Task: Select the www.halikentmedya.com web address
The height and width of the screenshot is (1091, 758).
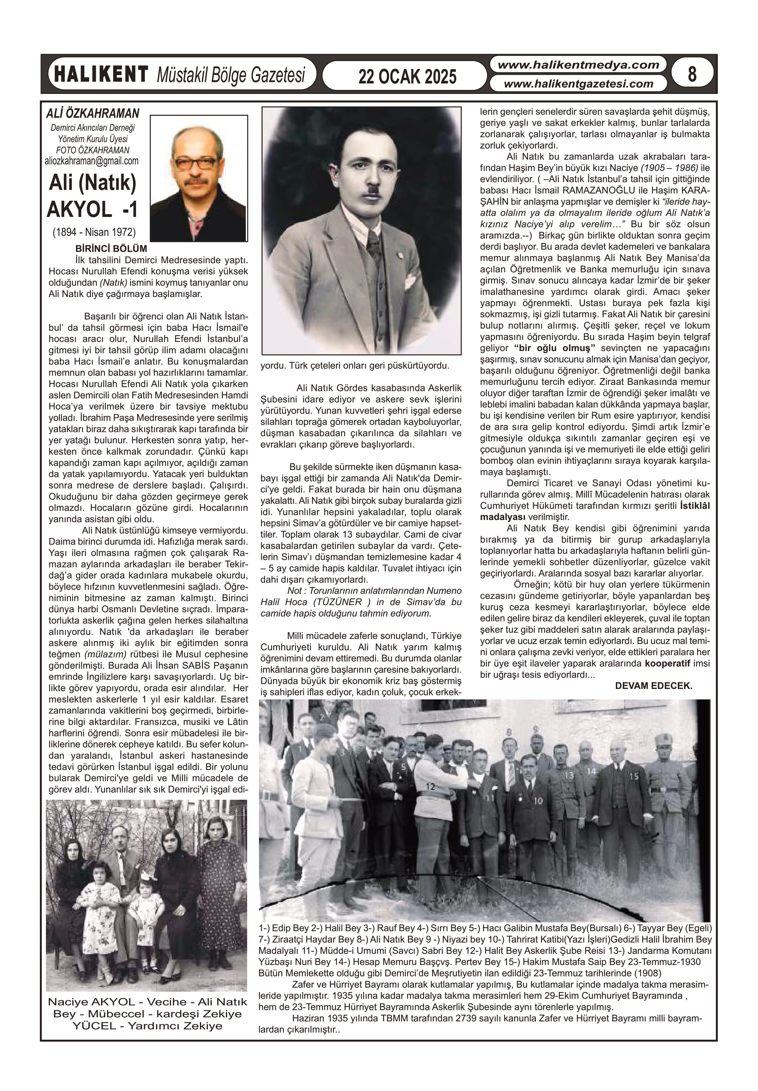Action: point(578,65)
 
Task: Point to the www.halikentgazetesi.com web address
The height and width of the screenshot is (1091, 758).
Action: point(578,84)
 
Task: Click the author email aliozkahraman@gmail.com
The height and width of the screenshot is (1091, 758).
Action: point(92,161)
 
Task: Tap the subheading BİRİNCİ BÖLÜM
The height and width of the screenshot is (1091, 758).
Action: point(111,249)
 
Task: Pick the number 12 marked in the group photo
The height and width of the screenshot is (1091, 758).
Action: point(430,787)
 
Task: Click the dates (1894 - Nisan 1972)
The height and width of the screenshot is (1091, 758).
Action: point(94,232)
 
